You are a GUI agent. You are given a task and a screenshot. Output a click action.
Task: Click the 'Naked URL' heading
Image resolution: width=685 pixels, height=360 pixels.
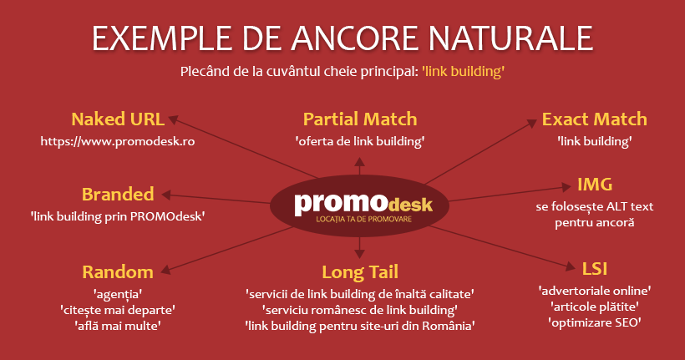click(x=118, y=119)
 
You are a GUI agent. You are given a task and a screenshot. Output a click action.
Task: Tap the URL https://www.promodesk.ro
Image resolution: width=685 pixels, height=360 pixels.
click(x=118, y=141)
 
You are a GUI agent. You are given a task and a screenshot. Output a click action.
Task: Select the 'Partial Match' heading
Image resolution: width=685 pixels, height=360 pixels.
click(x=360, y=119)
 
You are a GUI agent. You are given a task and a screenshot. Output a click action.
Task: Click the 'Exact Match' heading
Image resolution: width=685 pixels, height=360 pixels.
click(x=595, y=119)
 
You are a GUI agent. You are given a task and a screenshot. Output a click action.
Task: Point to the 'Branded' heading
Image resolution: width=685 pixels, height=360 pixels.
click(x=118, y=195)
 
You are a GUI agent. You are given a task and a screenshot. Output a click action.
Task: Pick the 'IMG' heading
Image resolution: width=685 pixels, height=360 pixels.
click(x=595, y=185)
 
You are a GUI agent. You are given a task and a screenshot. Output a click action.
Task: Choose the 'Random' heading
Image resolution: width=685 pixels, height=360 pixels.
click(x=118, y=272)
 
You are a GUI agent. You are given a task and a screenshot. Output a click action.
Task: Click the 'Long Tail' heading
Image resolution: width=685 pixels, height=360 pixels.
click(x=360, y=272)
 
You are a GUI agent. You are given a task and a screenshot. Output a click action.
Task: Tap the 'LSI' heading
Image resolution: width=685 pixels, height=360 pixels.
click(x=595, y=269)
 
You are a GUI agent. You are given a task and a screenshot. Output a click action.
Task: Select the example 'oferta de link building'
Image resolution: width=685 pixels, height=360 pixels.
click(x=360, y=141)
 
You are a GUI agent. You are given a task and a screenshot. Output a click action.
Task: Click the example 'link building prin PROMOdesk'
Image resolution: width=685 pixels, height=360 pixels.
click(x=118, y=216)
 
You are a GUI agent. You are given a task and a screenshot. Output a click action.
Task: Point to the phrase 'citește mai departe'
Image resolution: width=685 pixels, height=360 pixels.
click(x=118, y=310)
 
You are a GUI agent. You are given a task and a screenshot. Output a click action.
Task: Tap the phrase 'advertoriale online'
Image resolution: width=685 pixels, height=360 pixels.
click(x=595, y=291)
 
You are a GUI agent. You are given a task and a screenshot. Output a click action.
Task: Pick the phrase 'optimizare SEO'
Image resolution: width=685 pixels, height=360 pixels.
click(x=595, y=323)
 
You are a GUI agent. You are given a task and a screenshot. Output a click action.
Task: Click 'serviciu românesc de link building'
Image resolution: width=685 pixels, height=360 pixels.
click(x=360, y=310)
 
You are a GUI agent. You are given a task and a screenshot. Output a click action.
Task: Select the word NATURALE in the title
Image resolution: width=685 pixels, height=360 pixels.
click(x=510, y=38)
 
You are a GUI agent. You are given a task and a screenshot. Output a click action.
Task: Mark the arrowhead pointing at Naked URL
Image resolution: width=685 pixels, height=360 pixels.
click(x=174, y=119)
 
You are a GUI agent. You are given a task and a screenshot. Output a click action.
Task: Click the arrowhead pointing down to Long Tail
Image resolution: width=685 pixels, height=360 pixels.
click(x=359, y=253)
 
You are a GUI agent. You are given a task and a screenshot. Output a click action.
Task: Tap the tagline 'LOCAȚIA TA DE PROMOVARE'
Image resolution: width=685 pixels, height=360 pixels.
click(x=364, y=219)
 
